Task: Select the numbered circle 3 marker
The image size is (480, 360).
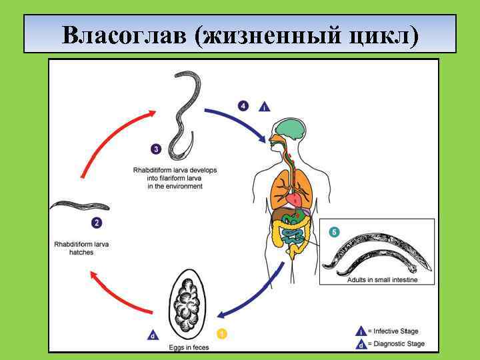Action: click(156, 149)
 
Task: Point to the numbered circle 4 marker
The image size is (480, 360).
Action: click(244, 105)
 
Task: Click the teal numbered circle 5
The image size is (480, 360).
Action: click(334, 232)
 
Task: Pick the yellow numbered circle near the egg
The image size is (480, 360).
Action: click(222, 333)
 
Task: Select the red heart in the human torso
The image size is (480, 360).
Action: click(294, 199)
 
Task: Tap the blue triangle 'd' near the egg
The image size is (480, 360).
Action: click(153, 335)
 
